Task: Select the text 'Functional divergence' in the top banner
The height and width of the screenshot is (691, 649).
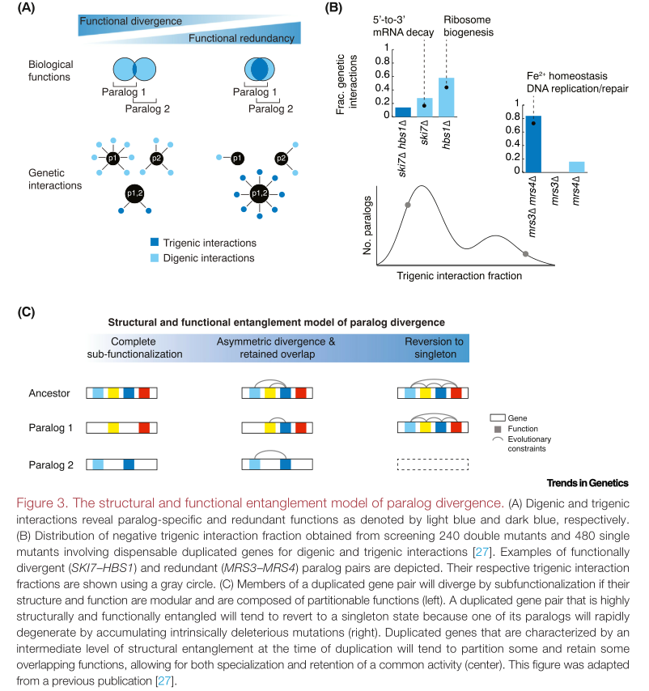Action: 131,21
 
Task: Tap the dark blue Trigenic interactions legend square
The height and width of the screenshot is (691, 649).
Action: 154,243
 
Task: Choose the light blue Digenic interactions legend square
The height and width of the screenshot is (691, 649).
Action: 154,258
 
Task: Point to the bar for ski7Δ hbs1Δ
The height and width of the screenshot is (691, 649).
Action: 402,111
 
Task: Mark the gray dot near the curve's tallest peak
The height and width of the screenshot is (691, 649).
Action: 407,206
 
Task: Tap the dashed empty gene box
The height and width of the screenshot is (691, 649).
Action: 433,464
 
